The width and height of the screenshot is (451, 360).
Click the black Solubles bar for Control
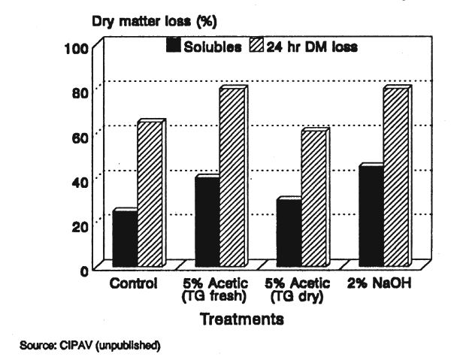[125, 237]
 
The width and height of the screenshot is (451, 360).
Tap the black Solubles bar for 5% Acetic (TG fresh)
[207, 220]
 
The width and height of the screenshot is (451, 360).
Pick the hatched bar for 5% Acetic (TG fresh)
[232, 177]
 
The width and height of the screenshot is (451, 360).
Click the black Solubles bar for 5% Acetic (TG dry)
[289, 231]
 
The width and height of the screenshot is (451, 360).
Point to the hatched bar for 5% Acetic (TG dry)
[313, 198]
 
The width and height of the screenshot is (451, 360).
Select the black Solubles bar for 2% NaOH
[371, 215]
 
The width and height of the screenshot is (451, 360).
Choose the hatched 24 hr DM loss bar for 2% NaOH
[395, 177]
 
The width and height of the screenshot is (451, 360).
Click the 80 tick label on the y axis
[83, 93]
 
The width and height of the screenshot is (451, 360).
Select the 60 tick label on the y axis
[83, 138]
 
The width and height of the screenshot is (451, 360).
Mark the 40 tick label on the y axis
[83, 181]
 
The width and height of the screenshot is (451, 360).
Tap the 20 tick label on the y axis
[83, 225]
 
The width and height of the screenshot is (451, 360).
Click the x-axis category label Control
[133, 284]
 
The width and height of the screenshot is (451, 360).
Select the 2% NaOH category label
[380, 284]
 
